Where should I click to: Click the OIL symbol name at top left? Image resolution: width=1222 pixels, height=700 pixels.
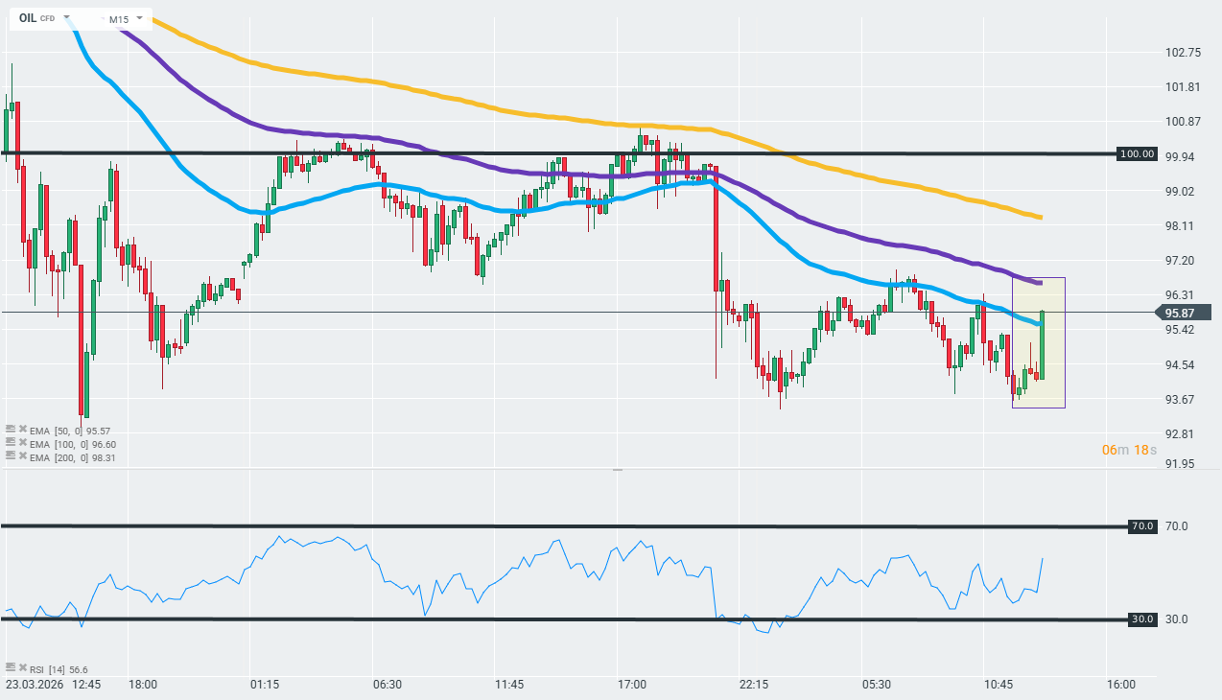(x=28, y=18)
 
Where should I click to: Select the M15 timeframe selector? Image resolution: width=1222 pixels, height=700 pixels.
(x=119, y=19)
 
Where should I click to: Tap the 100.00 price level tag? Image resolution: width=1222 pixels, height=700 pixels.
(x=1139, y=153)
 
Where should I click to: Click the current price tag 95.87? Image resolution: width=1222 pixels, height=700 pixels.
(x=1179, y=313)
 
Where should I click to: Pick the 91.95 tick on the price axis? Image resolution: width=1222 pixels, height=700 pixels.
(x=1180, y=464)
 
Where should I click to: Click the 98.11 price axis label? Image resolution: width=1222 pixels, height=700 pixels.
(x=1180, y=226)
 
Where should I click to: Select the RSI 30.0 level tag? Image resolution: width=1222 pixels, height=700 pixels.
(x=1141, y=619)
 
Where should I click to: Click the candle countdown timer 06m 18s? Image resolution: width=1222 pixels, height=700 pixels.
(x=1130, y=450)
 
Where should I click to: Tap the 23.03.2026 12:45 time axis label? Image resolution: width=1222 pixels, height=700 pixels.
(x=53, y=685)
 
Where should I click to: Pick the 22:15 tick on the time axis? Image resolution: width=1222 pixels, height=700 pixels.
(x=754, y=685)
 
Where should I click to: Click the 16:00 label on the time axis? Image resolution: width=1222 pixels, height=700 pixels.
(x=1121, y=685)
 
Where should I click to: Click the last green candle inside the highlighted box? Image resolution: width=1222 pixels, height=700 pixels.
(x=1042, y=344)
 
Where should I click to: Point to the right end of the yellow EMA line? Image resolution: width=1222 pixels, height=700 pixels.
(x=1041, y=218)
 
